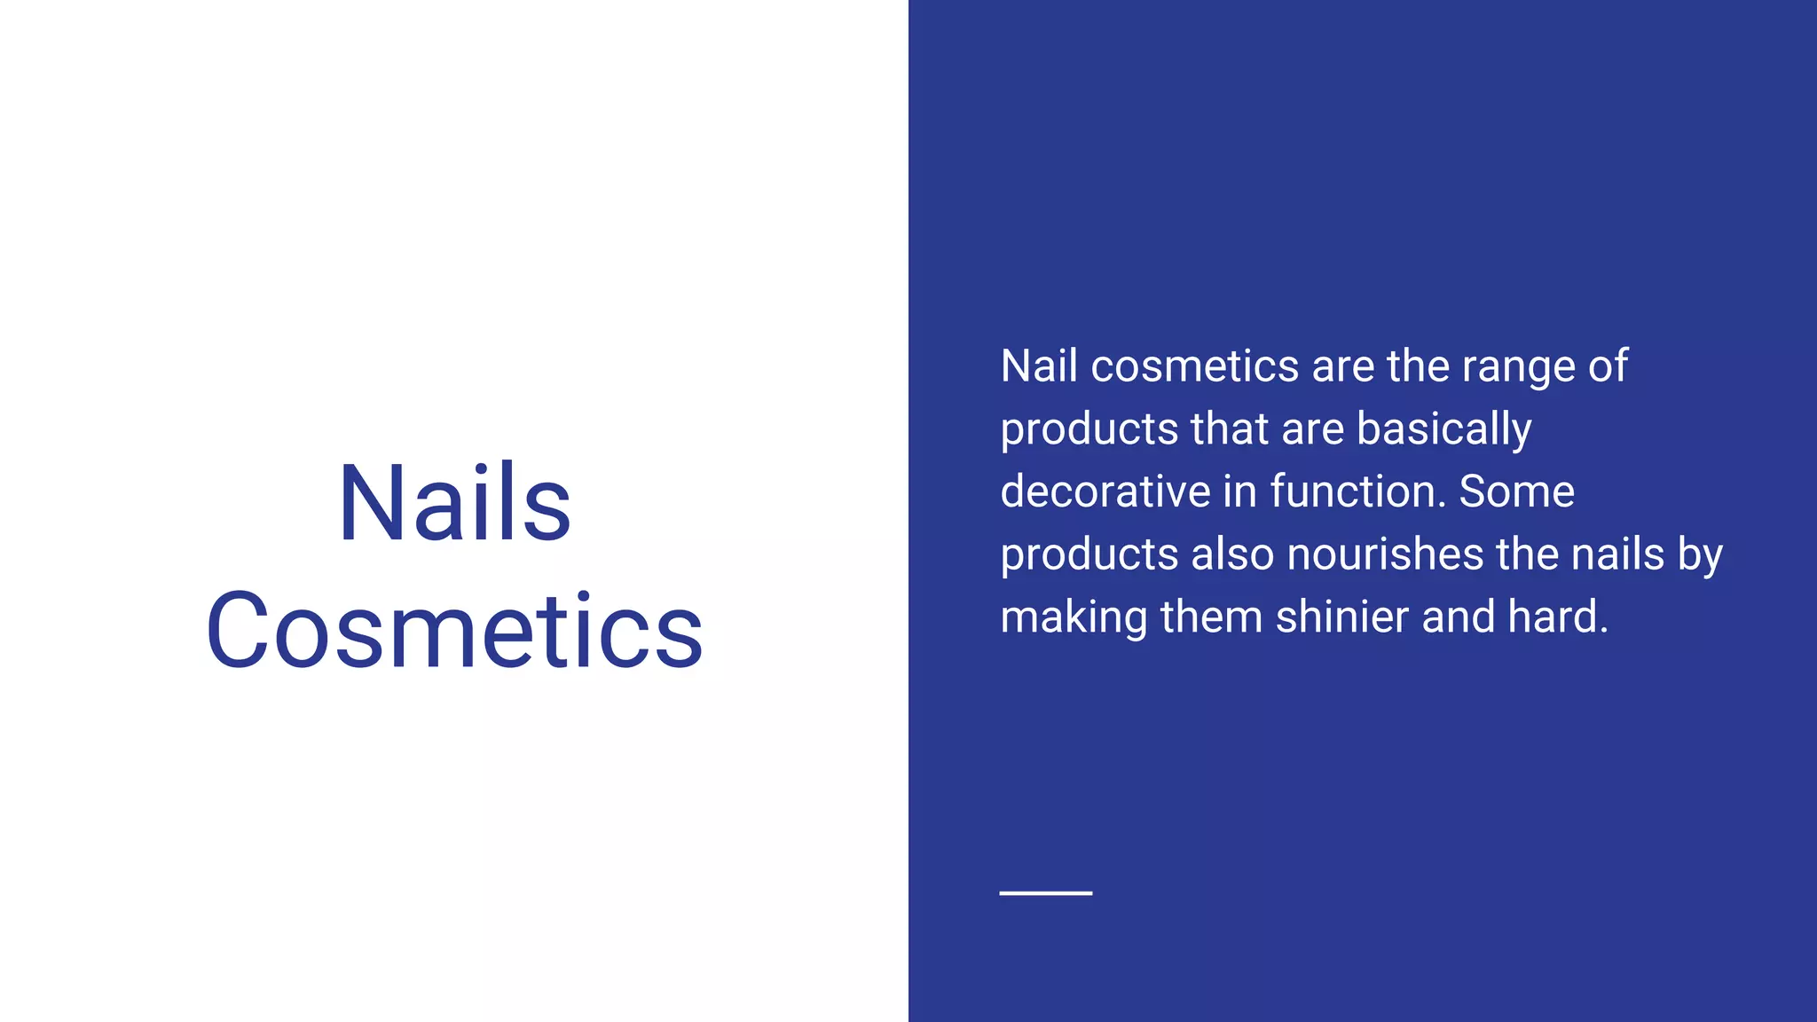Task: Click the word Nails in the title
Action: [454, 503]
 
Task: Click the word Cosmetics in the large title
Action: [454, 630]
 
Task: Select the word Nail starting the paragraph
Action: [1038, 366]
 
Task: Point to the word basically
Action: [1443, 429]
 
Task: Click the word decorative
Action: [1105, 492]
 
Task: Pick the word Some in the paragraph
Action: [1516, 492]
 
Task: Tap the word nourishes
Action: [1385, 555]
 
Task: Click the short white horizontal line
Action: [1045, 893]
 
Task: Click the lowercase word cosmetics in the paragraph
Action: [1194, 366]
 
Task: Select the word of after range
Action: [1608, 366]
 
